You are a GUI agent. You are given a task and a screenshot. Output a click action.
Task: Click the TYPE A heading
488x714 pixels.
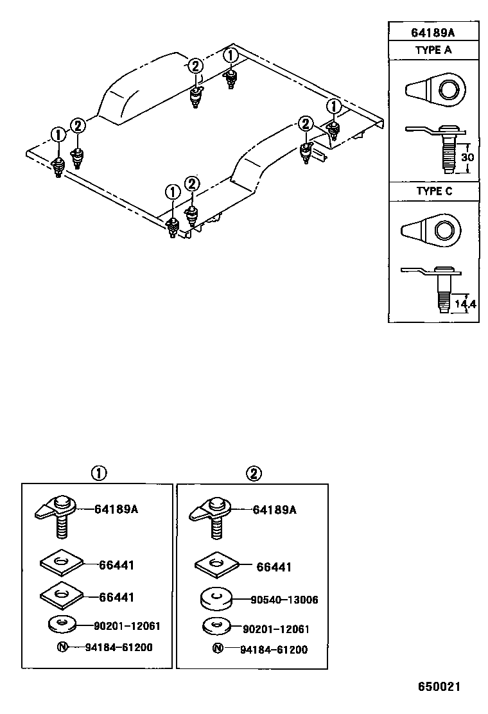click(x=433, y=50)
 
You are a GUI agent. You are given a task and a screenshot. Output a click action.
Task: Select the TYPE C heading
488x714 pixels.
click(x=433, y=191)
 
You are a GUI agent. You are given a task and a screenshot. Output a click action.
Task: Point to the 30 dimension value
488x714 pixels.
click(x=469, y=158)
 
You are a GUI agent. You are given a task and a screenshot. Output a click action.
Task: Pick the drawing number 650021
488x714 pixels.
click(x=440, y=686)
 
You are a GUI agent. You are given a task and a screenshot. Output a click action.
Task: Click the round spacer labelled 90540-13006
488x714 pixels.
click(x=216, y=599)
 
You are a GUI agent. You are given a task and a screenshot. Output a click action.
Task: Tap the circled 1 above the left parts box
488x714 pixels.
click(x=98, y=474)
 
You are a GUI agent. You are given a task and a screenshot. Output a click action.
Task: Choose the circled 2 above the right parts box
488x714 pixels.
click(x=254, y=474)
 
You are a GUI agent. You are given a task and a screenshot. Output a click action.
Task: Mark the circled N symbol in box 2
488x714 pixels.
click(x=218, y=649)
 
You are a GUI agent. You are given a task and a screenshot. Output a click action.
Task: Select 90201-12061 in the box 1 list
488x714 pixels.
click(x=126, y=625)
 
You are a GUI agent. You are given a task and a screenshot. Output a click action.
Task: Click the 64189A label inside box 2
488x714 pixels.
click(x=275, y=510)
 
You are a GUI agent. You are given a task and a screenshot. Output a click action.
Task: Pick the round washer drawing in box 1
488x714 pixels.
click(x=62, y=623)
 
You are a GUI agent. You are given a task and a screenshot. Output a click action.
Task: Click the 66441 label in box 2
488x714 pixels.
click(x=274, y=567)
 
